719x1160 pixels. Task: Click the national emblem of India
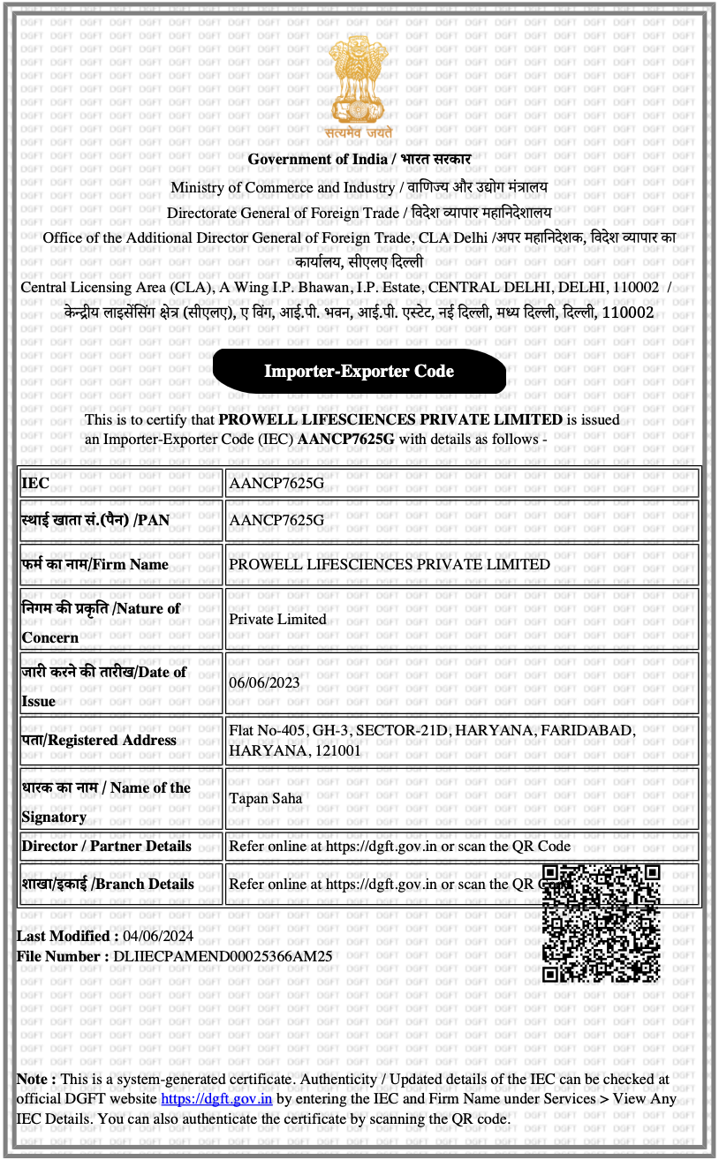pyautogui.click(x=359, y=84)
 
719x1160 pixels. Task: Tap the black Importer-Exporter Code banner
pyautogui.click(x=359, y=371)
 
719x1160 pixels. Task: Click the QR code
pyautogui.click(x=601, y=923)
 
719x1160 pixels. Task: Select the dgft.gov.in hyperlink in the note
pyautogui.click(x=216, y=1099)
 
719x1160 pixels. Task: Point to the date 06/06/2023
pyautogui.click(x=264, y=682)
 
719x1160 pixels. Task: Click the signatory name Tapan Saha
pyautogui.click(x=265, y=799)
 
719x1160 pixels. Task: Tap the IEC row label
pyautogui.click(x=36, y=484)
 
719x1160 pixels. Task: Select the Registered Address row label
pyautogui.click(x=100, y=741)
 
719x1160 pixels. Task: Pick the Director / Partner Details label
pyautogui.click(x=107, y=846)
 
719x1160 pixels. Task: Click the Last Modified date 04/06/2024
pyautogui.click(x=158, y=937)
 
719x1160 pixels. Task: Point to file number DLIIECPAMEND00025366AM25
pyautogui.click(x=223, y=956)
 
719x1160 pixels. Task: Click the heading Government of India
pyautogui.click(x=317, y=160)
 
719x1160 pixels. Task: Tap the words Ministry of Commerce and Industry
pyautogui.click(x=283, y=187)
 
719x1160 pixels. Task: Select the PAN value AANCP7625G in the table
pyautogui.click(x=276, y=520)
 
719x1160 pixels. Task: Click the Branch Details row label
pyautogui.click(x=108, y=885)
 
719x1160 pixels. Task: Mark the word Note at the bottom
pyautogui.click(x=35, y=1079)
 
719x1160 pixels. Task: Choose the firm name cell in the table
pyautogui.click(x=390, y=565)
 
